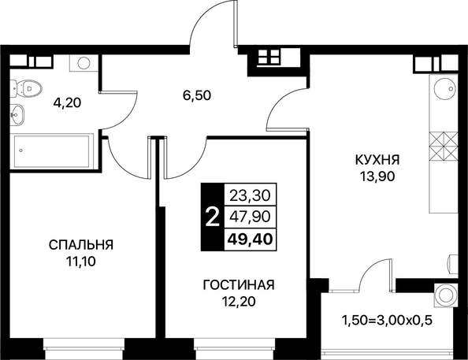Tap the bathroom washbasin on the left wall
coord(18,115)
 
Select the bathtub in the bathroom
coord(52,150)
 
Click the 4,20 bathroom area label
coord(67,103)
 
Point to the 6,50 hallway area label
coord(197,95)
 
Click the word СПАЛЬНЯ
coord(81,245)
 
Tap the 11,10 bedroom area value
coord(81,262)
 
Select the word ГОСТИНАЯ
coord(239,285)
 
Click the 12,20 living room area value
coord(239,302)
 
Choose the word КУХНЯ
coord(377,160)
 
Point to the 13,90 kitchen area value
coord(377,176)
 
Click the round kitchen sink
coord(444,89)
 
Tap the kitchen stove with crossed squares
coord(444,146)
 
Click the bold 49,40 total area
coord(250,239)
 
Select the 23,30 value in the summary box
coord(250,195)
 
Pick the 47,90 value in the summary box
coord(250,217)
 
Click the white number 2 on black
coord(213,217)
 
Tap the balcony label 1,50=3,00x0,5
coord(387,321)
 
